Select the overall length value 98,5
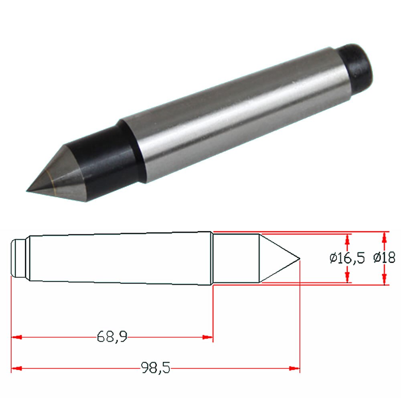tap(155, 367)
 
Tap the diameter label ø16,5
tap(347, 258)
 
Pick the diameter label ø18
tap(384, 258)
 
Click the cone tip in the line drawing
tap(299, 258)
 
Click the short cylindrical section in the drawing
tap(236, 258)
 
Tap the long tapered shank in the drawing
tap(120, 258)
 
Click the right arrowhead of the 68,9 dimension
tap(208, 337)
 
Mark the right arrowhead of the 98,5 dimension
tap(295, 368)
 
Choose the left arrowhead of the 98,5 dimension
tap(16, 368)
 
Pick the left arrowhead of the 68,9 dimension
tap(16, 337)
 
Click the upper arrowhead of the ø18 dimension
tap(385, 237)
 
